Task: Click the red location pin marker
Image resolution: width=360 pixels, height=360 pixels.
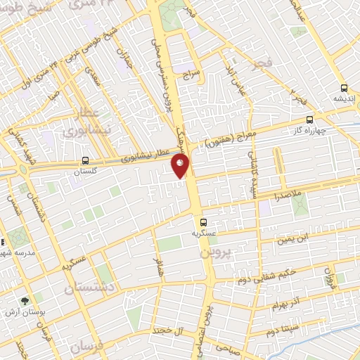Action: click(x=181, y=166)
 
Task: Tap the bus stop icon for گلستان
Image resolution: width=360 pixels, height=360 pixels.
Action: click(x=85, y=161)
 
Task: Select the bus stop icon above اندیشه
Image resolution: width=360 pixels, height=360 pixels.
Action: click(x=343, y=89)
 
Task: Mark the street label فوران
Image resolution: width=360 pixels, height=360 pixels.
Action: click(x=330, y=278)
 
